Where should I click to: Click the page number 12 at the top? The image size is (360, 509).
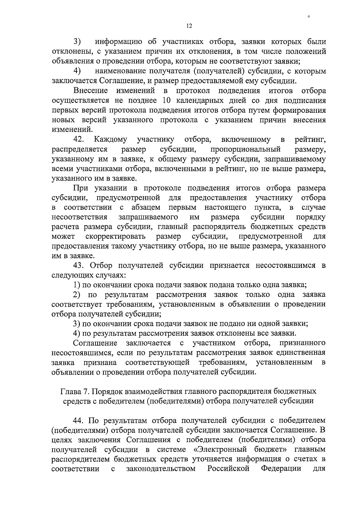189,26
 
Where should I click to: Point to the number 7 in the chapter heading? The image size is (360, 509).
87,391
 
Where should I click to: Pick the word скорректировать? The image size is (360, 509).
115,236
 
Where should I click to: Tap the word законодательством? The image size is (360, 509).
161,469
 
